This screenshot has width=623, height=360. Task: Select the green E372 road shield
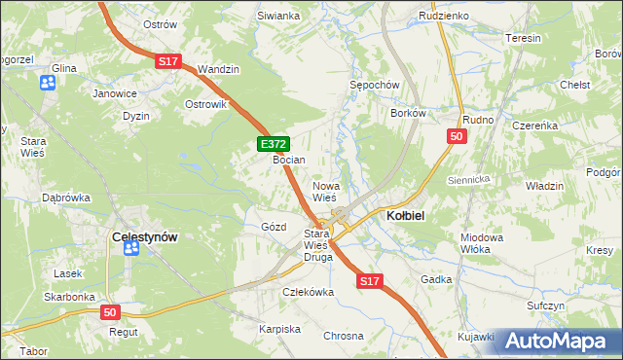click(x=274, y=144)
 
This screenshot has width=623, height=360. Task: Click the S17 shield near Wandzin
click(x=167, y=61)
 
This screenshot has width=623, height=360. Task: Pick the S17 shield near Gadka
click(x=368, y=281)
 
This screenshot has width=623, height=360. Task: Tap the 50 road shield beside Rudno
click(x=457, y=137)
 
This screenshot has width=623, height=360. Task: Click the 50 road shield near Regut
click(x=111, y=312)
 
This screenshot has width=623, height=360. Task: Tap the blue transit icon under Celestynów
click(x=131, y=249)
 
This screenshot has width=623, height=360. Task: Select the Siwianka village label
click(x=278, y=17)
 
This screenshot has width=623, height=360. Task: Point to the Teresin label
click(x=523, y=38)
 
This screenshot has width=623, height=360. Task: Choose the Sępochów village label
click(x=375, y=85)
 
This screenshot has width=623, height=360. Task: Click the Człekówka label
click(x=308, y=291)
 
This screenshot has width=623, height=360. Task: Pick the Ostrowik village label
click(x=205, y=104)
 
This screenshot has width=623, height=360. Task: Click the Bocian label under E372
click(x=289, y=159)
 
